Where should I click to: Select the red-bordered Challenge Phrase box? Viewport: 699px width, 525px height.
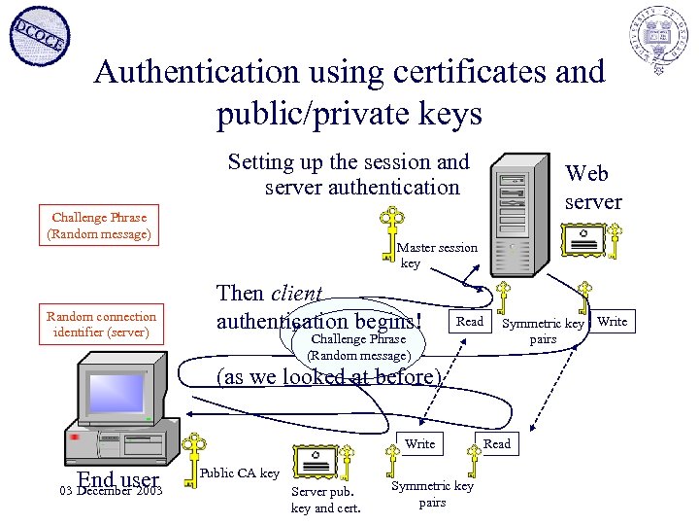point(99,226)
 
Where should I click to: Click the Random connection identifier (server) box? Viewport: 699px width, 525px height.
point(101,325)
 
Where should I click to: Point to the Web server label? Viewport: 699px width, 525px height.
point(592,188)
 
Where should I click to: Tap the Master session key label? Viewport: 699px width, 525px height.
point(437,255)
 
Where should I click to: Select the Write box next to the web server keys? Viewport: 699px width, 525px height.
point(612,322)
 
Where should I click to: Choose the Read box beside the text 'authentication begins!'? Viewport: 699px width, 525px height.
point(470,322)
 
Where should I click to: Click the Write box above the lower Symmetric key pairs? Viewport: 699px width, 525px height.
point(419,443)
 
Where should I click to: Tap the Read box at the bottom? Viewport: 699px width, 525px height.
point(497,443)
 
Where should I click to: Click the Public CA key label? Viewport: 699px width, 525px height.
point(239,473)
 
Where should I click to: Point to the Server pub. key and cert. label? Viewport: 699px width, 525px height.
point(325,500)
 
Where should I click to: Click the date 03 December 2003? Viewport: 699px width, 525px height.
point(110,491)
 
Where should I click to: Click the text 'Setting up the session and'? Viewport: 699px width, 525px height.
point(348,162)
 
